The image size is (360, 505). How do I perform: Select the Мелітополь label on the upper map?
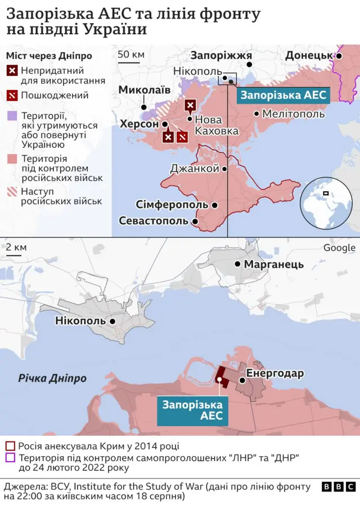(293, 114)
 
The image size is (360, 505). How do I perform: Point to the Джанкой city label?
(194, 168)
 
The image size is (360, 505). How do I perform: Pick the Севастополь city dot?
(195, 222)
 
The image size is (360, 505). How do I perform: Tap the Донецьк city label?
(309, 55)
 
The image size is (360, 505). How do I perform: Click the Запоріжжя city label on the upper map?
(221, 55)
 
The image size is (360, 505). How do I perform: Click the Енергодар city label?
(275, 373)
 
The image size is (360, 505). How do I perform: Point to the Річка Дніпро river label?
(52, 378)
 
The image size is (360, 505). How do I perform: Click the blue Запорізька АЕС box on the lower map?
(192, 411)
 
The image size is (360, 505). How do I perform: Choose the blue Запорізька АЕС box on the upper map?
(283, 95)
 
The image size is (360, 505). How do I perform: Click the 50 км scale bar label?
(130, 55)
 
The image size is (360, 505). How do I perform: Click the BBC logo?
(339, 486)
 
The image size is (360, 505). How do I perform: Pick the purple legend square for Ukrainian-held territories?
(11, 116)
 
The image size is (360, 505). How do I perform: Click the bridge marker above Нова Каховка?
(191, 105)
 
